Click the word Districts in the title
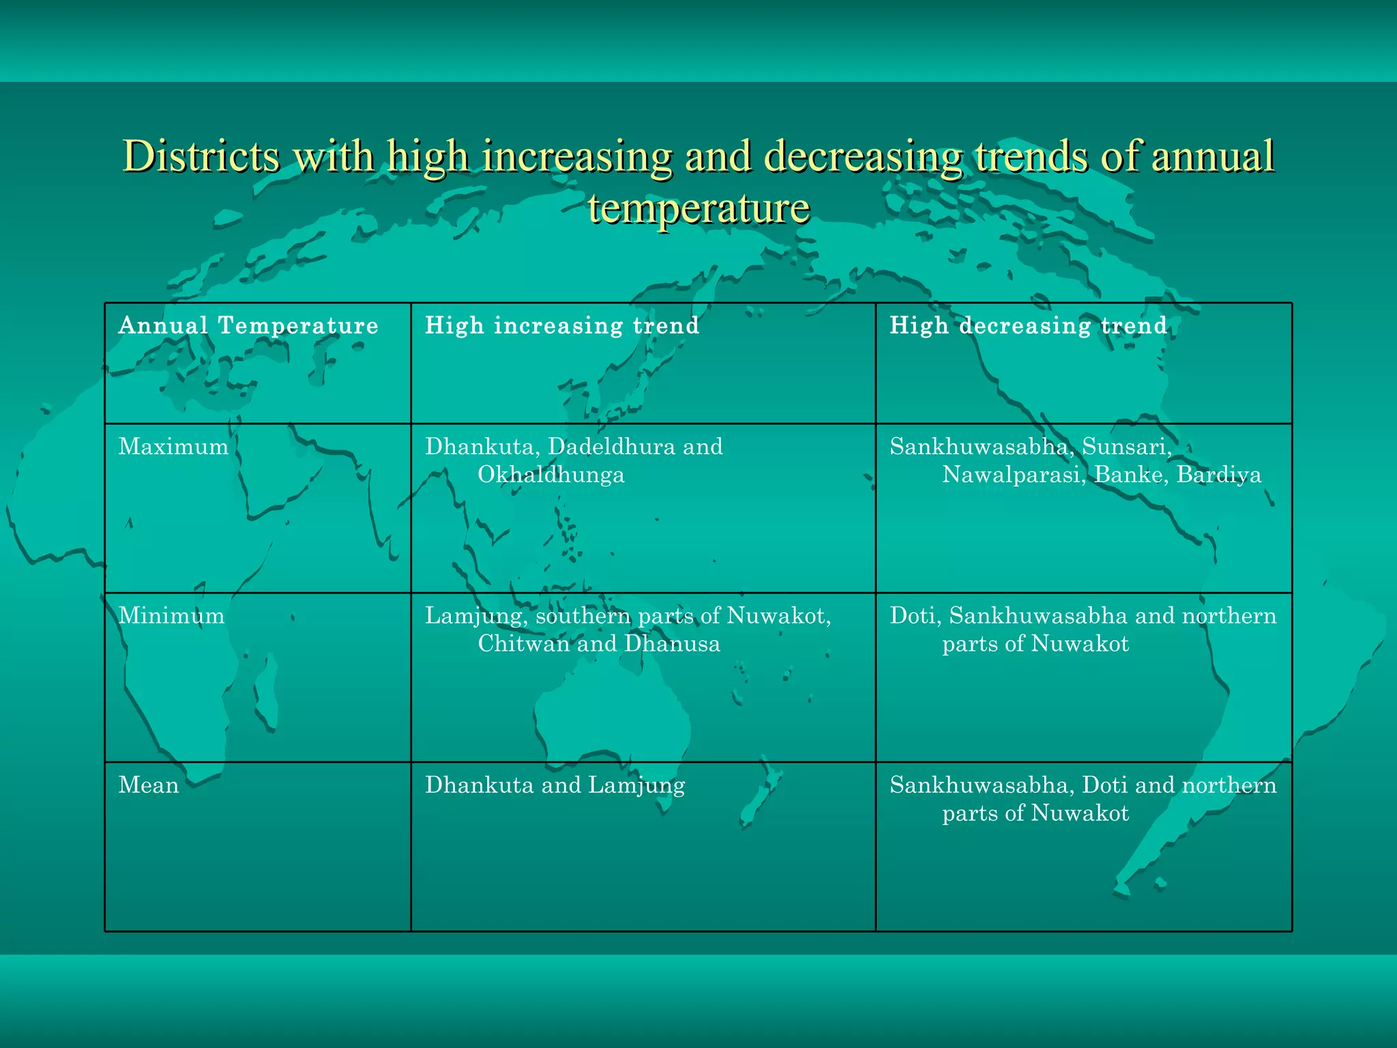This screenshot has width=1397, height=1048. click(x=201, y=156)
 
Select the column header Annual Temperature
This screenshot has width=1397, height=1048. click(x=248, y=325)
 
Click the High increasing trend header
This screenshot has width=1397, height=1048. click(x=562, y=325)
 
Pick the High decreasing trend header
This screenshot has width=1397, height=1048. click(x=1028, y=325)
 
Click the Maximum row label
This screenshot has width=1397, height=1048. click(x=173, y=447)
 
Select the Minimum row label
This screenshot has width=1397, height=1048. click(x=171, y=616)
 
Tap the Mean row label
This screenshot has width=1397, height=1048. click(x=149, y=785)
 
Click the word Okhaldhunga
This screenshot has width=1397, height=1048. click(x=550, y=475)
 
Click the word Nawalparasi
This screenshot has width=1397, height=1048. click(x=1014, y=475)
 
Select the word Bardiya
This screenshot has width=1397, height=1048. click(x=1219, y=475)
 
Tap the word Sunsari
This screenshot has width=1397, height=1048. click(x=1126, y=447)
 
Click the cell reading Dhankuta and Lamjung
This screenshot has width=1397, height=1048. click(x=555, y=785)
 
